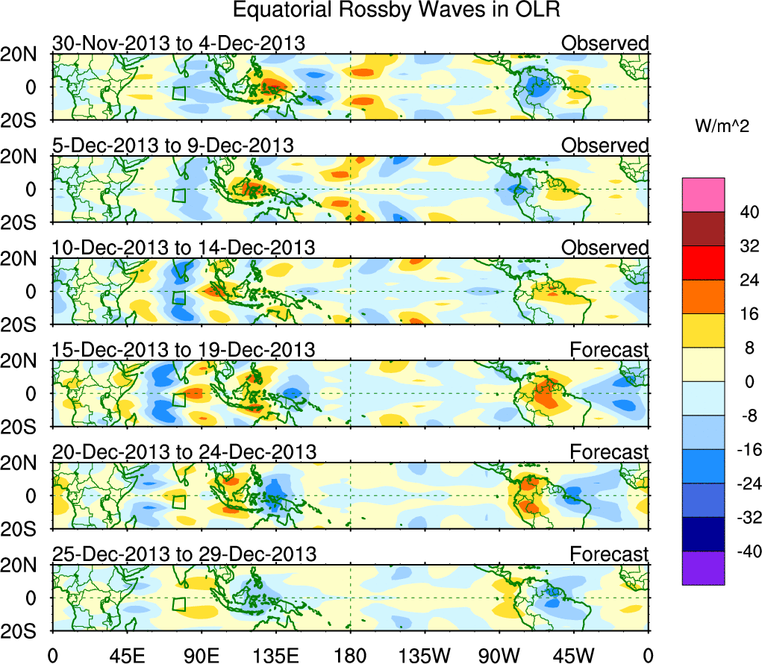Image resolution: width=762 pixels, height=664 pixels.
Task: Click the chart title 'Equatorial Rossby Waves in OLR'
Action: pos(396,10)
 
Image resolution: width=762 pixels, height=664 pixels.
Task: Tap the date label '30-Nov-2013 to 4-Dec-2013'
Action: pos(178,43)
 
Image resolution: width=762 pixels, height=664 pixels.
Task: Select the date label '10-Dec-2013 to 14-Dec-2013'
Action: pos(184,247)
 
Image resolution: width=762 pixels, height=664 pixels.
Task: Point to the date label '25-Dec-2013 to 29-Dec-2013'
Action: pos(184,554)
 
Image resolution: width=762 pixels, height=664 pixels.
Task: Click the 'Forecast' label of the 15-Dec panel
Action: pos(609,349)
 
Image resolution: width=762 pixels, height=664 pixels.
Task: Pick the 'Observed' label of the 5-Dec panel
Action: pos(605,145)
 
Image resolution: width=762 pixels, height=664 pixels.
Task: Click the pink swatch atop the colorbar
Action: pos(703,194)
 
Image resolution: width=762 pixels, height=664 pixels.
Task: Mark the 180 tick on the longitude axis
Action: pos(350,655)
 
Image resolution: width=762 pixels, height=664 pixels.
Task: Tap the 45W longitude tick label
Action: pos(572,655)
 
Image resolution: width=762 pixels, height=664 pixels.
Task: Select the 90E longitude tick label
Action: pos(201,655)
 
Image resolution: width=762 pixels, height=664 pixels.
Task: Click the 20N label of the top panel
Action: pos(24,54)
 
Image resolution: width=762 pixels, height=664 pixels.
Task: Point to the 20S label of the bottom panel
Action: pos(24,631)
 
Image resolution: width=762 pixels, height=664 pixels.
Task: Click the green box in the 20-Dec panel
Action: pos(178,501)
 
